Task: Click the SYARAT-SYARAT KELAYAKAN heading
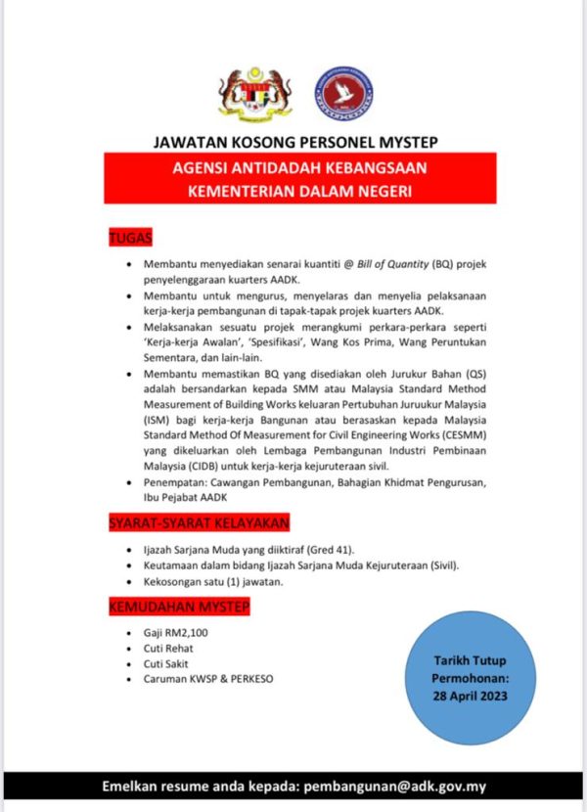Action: pos(199,524)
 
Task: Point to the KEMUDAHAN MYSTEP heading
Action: pos(178,609)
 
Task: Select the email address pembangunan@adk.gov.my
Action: pos(396,786)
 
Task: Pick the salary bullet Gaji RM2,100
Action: pos(175,633)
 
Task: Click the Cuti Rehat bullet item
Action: pos(168,648)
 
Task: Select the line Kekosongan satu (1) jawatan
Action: pos(213,581)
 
